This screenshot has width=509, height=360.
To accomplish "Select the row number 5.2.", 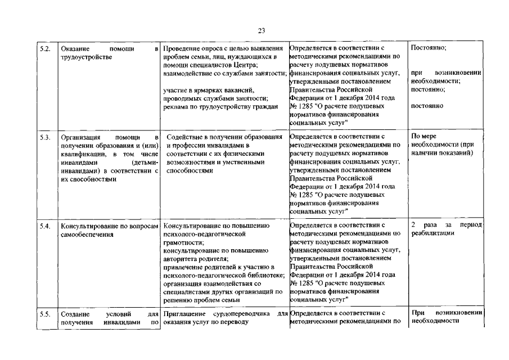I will point(46,49).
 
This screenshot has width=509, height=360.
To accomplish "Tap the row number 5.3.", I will point(46,137).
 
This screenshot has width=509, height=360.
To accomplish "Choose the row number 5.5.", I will point(46,313).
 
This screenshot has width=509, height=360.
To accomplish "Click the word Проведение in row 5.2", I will point(181,49).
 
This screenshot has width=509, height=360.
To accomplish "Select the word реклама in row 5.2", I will point(175,107).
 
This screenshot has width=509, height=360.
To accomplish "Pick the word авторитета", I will point(181,258).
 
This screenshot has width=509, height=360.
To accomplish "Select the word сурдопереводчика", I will point(246,313).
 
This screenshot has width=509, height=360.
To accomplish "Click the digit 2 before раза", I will point(413,226).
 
